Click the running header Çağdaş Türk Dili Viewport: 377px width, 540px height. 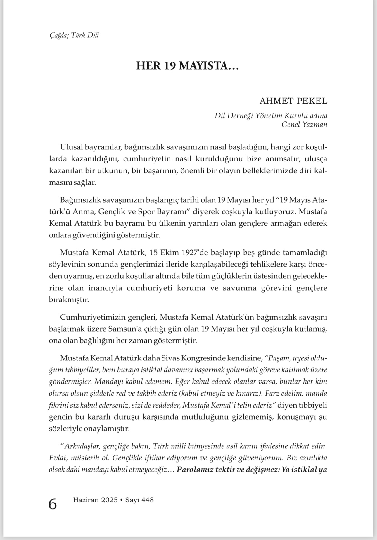click(74, 35)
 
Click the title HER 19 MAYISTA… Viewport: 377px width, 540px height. click(188, 66)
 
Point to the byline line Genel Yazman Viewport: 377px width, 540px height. click(304, 125)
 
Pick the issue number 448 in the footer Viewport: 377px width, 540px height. click(147, 500)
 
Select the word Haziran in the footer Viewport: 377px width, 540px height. click(85, 500)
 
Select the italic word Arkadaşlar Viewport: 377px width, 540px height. click(82, 446)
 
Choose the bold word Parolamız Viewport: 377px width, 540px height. click(195, 470)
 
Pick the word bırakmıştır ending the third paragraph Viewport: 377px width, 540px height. click(69, 300)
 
